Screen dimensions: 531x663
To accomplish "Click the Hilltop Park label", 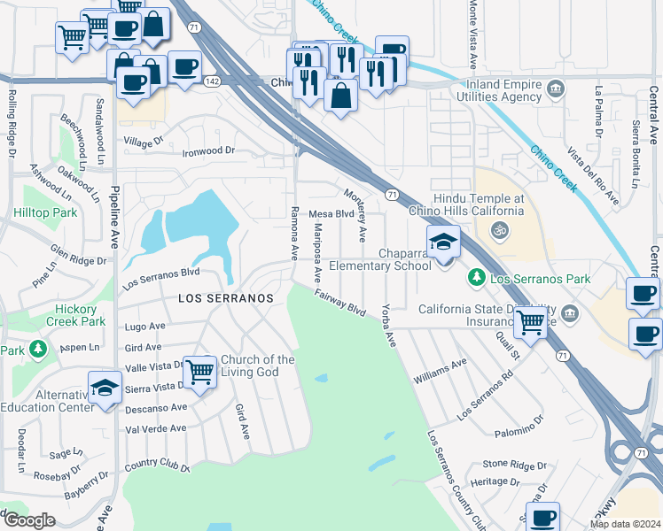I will (45, 213).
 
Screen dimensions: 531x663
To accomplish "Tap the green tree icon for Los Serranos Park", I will (477, 279).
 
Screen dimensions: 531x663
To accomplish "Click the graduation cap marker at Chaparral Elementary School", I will (443, 242).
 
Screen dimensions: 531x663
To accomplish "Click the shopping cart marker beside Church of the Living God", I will (200, 372).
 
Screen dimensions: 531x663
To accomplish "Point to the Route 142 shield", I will (212, 81).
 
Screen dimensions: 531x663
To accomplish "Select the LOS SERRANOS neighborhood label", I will (226, 299).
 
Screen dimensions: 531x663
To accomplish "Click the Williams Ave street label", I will (440, 370).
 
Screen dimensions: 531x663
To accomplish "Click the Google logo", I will (29, 520).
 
